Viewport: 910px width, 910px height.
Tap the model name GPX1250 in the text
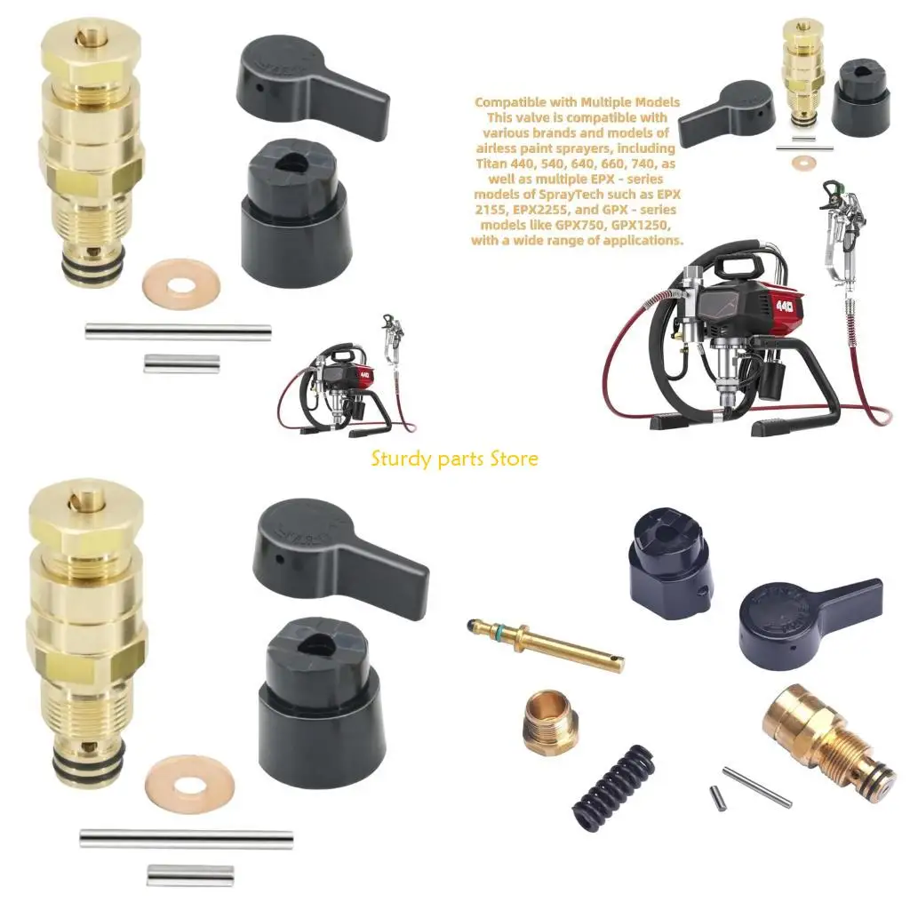pos(635,225)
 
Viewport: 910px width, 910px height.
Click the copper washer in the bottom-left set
pos(188,784)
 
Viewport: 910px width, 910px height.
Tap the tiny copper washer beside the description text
pos(805,164)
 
